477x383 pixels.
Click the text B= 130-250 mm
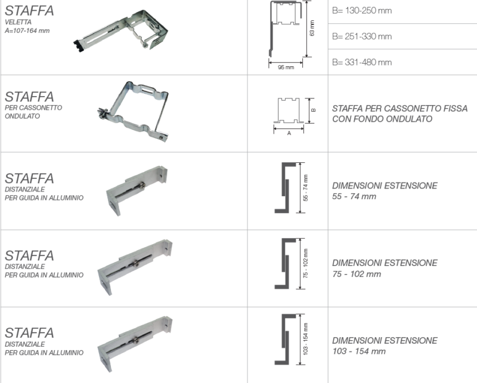pyautogui.click(x=362, y=11)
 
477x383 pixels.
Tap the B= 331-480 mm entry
pyautogui.click(x=362, y=63)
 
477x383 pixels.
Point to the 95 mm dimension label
pyautogui.click(x=286, y=67)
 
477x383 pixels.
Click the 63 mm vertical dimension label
pyautogui.click(x=312, y=28)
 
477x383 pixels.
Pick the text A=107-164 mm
pyautogui.click(x=27, y=31)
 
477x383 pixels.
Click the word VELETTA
pyautogui.click(x=18, y=22)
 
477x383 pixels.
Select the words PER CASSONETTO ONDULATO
pyautogui.click(x=33, y=112)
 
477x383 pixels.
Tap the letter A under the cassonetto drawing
pyautogui.click(x=289, y=133)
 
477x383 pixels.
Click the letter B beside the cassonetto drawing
pyautogui.click(x=314, y=110)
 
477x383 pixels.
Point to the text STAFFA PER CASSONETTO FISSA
pyautogui.click(x=399, y=109)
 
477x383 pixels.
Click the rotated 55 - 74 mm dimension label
pyautogui.click(x=305, y=187)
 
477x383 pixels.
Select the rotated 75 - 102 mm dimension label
pyautogui.click(x=305, y=263)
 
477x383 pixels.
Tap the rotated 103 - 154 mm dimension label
pyautogui.click(x=305, y=339)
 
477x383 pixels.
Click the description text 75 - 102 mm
pyautogui.click(x=357, y=274)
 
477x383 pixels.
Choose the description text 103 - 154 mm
pyautogui.click(x=359, y=351)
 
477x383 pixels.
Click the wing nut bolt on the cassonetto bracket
pyautogui.click(x=103, y=113)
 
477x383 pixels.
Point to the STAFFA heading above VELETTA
pyautogui.click(x=29, y=11)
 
